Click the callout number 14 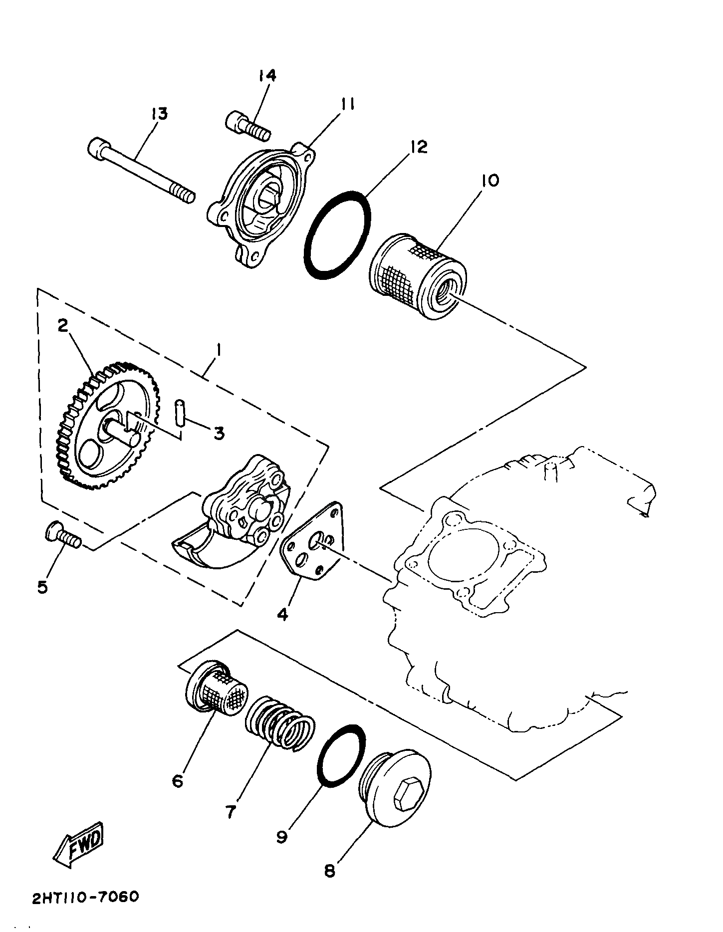(x=267, y=75)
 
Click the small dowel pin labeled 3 (x=179, y=412)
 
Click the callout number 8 (x=329, y=871)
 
